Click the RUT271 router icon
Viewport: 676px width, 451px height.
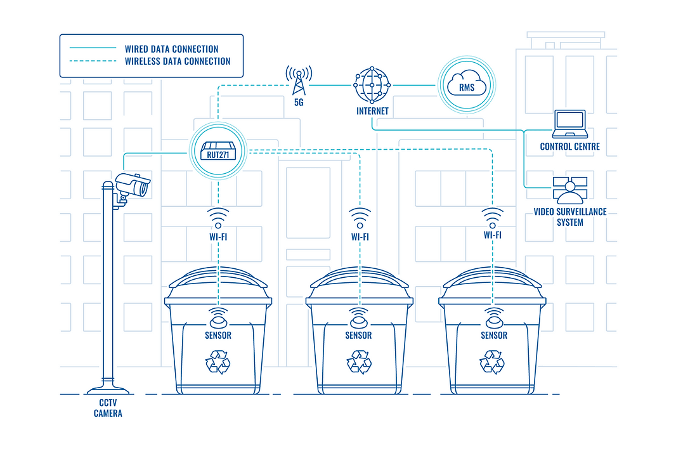(218, 151)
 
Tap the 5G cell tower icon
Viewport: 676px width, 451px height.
(298, 81)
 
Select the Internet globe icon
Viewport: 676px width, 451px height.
(372, 85)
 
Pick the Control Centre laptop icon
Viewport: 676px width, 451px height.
(569, 124)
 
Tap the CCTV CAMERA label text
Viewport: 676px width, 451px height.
(108, 408)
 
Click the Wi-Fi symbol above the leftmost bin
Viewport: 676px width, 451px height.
(218, 217)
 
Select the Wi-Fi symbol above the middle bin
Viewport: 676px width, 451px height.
(360, 217)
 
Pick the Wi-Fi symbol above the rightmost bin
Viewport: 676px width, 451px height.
(493, 216)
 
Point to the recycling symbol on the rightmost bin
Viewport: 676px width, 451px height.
(492, 362)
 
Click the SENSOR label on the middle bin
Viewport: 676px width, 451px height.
(358, 335)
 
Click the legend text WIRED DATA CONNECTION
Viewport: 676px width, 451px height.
(171, 49)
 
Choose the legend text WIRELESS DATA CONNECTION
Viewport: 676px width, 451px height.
(178, 62)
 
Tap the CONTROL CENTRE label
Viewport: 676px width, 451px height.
(569, 147)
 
